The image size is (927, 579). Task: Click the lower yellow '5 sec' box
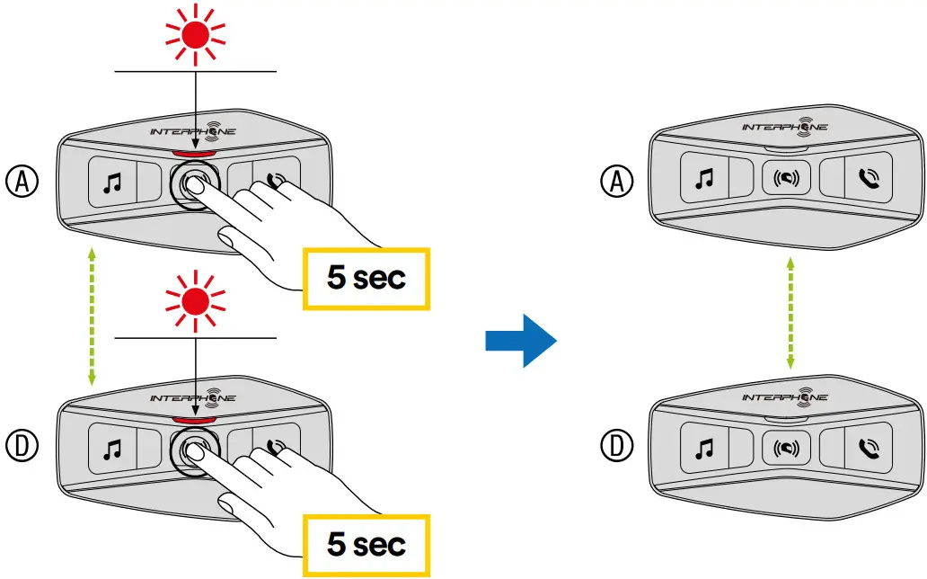click(x=366, y=544)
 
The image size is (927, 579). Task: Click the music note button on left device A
click(x=112, y=183)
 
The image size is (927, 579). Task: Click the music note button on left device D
click(x=112, y=447)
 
